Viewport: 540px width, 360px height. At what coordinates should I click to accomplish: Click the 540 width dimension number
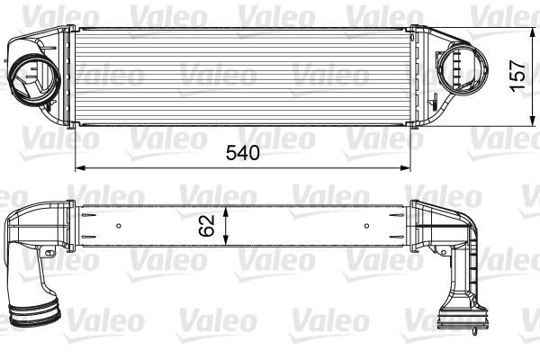tap(241, 152)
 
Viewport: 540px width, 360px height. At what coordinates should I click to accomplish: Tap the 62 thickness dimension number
tap(207, 222)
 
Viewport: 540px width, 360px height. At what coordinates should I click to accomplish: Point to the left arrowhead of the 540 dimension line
tap(78, 167)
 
